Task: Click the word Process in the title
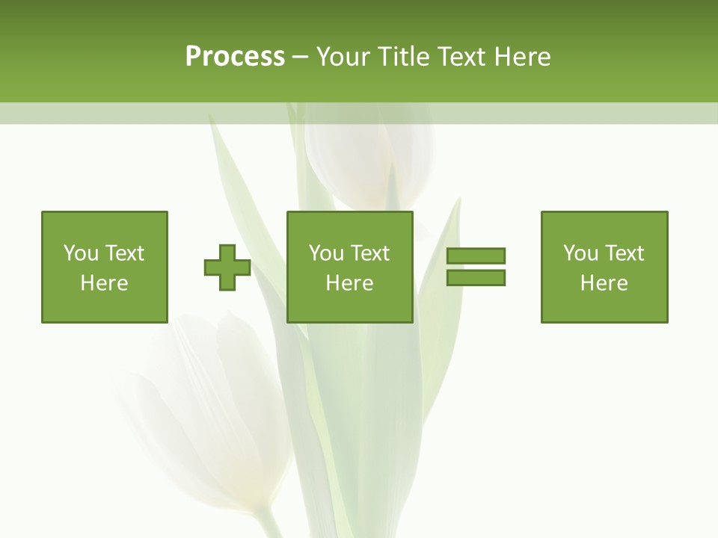[235, 57]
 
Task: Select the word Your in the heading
[345, 57]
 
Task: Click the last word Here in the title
[522, 57]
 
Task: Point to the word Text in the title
[462, 57]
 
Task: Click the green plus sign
[227, 268]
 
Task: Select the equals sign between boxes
[476, 267]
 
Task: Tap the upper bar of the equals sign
[476, 256]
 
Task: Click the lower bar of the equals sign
[476, 277]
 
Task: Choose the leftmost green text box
[105, 267]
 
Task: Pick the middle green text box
[349, 267]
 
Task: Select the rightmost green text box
[604, 267]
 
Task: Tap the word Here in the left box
[105, 283]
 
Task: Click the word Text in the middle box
[369, 253]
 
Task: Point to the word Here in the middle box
[349, 283]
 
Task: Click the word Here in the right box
[604, 283]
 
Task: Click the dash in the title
[300, 57]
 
